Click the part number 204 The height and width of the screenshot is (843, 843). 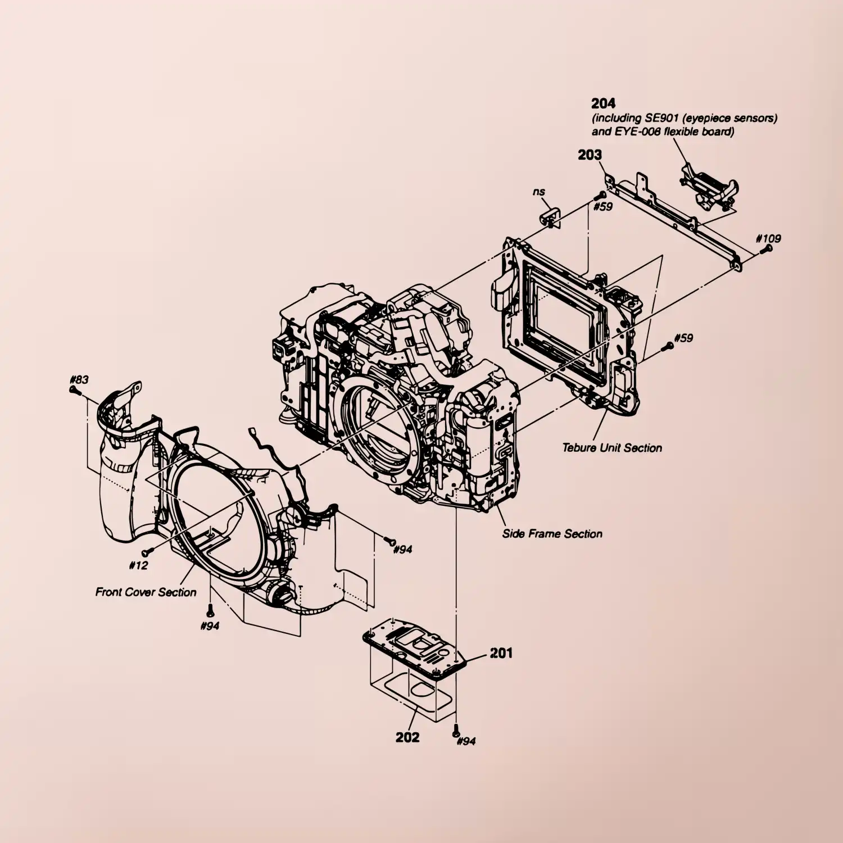click(x=603, y=103)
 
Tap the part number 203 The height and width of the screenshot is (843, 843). click(x=590, y=155)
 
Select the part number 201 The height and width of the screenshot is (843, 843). click(x=501, y=652)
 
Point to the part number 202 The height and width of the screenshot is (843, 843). click(x=407, y=737)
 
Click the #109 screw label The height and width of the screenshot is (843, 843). click(x=768, y=238)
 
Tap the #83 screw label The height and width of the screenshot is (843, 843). click(x=79, y=380)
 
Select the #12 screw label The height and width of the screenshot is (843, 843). click(x=138, y=565)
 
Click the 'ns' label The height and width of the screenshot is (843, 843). click(x=539, y=192)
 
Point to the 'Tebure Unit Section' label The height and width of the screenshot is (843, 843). click(x=612, y=448)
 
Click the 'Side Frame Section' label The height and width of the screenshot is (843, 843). click(x=552, y=534)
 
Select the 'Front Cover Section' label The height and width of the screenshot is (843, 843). click(x=146, y=592)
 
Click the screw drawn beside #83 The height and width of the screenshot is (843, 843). click(x=72, y=390)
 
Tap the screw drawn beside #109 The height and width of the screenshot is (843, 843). click(x=763, y=249)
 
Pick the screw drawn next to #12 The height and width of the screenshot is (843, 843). click(x=146, y=554)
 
